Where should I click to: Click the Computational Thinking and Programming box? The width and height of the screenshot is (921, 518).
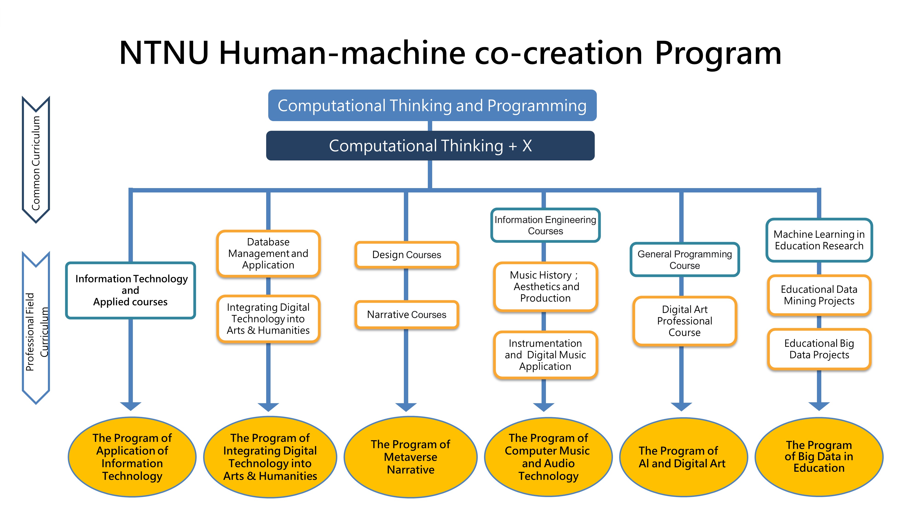pos(432,105)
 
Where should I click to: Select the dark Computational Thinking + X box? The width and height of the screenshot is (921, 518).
pos(430,146)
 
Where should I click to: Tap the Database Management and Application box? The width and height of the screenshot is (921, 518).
pos(268,253)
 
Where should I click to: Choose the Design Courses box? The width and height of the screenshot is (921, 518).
pos(407,255)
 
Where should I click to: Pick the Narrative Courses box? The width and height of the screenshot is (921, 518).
pos(407,314)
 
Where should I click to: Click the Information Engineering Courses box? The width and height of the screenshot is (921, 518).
pos(545,225)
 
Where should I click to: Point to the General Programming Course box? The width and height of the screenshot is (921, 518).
pos(684,259)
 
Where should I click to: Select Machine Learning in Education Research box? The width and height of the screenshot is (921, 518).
pos(819,240)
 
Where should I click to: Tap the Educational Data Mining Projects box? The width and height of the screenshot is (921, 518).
pos(819,295)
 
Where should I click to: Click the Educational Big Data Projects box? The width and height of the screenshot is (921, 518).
pos(819,349)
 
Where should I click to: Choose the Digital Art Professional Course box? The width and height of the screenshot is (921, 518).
pos(684,321)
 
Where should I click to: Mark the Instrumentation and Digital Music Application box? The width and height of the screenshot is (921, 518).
pos(545,355)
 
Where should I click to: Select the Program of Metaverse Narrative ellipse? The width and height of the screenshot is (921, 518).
pos(411,457)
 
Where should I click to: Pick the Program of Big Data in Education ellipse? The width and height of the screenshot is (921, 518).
pos(819,457)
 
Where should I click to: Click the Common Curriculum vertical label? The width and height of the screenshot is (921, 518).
pos(36,163)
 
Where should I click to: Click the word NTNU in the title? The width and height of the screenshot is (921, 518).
pos(164,53)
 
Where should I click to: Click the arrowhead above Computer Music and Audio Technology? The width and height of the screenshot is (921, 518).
pos(543,407)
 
